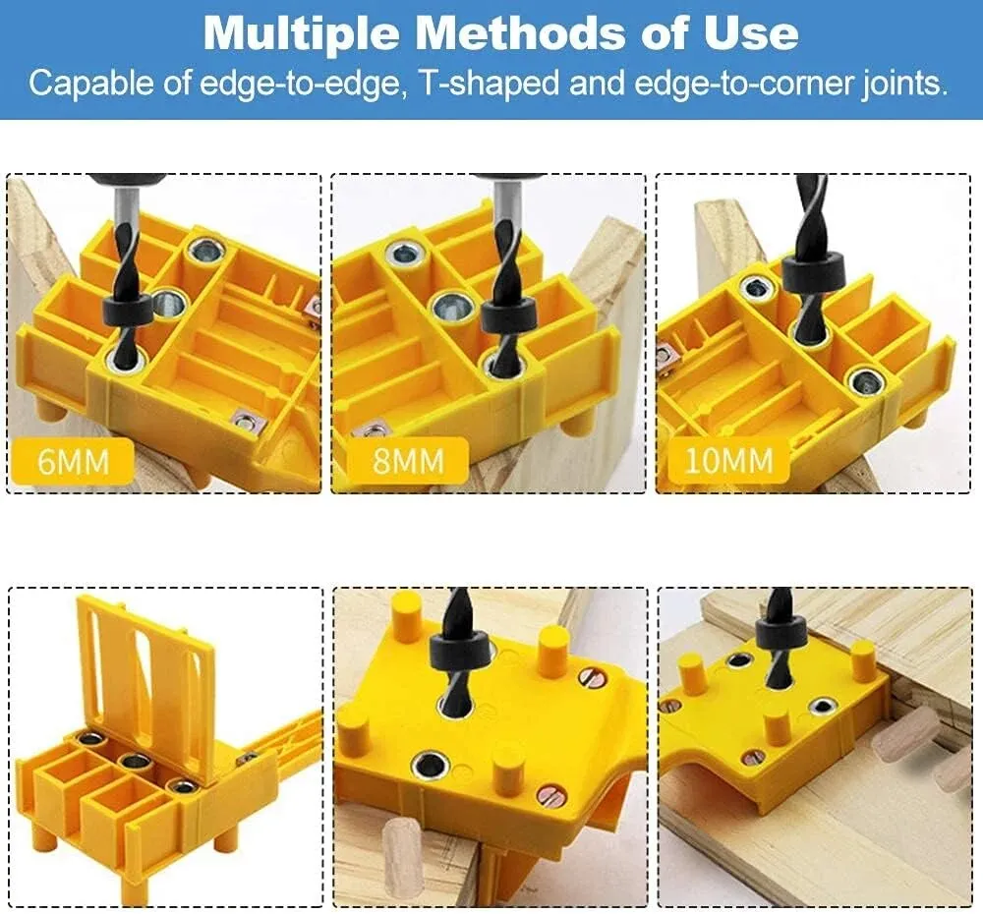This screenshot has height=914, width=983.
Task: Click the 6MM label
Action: click(x=71, y=459)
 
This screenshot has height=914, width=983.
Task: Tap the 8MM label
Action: click(x=407, y=459)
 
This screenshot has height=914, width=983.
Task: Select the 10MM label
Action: click(x=728, y=459)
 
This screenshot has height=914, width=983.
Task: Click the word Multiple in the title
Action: click(x=301, y=32)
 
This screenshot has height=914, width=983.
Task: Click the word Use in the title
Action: click(x=758, y=32)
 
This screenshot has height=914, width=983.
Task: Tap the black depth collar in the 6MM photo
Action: click(x=127, y=310)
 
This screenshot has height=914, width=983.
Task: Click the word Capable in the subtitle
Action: click(x=92, y=83)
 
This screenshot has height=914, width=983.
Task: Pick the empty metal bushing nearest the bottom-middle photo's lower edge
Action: click(x=430, y=765)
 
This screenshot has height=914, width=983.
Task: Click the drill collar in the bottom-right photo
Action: click(x=781, y=630)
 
